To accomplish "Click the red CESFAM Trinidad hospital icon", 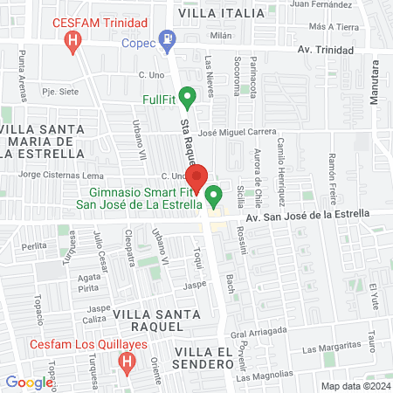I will pyautogui.click(x=74, y=40).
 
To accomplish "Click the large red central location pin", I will pyautogui.click(x=197, y=178).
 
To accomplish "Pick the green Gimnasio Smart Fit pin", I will pyautogui.click(x=215, y=193).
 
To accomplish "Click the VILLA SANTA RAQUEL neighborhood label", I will pyautogui.click(x=145, y=321).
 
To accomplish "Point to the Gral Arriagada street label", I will pyautogui.click(x=259, y=332).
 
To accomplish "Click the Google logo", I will pyautogui.click(x=29, y=382).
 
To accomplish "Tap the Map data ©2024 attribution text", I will pyautogui.click(x=355, y=386).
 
